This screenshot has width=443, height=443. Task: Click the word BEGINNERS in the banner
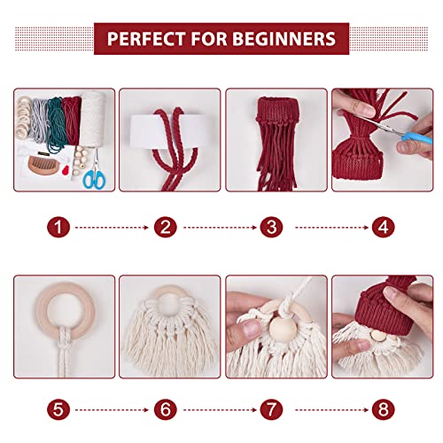[285, 40]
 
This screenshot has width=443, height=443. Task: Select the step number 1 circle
[58, 228]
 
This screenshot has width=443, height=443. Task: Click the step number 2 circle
[165, 228]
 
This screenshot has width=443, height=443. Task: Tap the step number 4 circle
[383, 228]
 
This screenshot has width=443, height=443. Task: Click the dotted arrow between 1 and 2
[112, 228]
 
